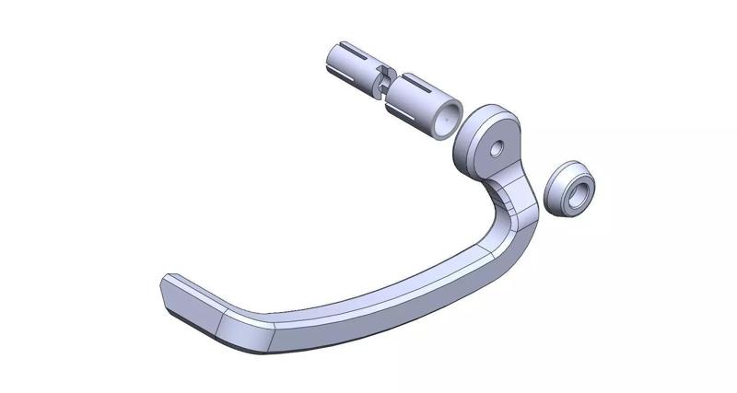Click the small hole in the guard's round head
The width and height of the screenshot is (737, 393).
496,147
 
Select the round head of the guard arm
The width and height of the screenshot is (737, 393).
491,138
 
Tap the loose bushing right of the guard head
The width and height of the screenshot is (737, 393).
572,190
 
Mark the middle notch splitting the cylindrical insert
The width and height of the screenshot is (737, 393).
383,86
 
